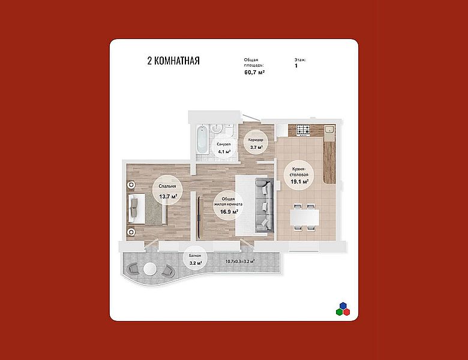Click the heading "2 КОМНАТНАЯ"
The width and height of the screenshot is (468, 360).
pos(173,61)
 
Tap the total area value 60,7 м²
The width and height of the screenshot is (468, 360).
pos(254,72)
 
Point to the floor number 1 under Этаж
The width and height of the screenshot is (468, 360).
pos(296,65)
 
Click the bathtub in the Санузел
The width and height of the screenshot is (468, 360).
pos(202,139)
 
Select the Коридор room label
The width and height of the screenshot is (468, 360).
pos(256,140)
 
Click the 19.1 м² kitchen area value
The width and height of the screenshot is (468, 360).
pos(299,181)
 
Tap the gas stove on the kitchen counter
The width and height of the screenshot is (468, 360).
pos(303,130)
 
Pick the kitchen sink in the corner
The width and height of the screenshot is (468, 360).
pos(329,130)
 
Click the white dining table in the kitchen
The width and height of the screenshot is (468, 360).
pos(304,217)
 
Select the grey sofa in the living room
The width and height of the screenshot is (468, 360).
pos(265,205)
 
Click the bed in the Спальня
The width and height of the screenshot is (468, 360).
pos(148,209)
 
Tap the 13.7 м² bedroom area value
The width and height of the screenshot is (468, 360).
pos(168,196)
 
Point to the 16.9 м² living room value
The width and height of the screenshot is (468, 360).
pos(229,212)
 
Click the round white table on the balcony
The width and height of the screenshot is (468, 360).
pos(149,269)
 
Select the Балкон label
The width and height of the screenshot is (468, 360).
pos(195,256)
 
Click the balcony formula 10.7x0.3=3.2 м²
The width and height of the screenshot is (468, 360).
pos(239,262)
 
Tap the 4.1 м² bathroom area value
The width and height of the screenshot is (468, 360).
pos(224,151)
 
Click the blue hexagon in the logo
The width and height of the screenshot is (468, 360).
pos(343,305)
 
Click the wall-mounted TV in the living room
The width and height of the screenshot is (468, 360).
pos(198,209)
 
